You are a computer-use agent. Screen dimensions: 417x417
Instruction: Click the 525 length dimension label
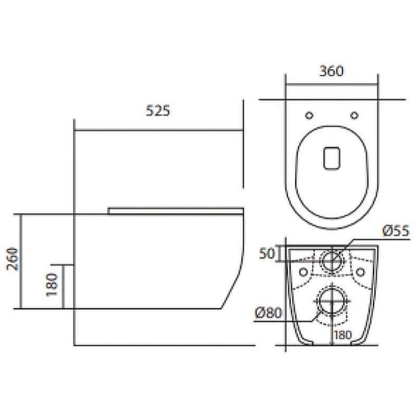click(158, 111)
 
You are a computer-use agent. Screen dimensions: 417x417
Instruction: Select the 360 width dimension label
click(332, 71)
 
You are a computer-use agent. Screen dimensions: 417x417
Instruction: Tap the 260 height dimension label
click(12, 259)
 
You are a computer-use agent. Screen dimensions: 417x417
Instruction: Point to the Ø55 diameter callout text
click(396, 230)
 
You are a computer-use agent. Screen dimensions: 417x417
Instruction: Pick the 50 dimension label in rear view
click(267, 253)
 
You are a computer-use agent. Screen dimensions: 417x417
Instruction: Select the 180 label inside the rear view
click(343, 335)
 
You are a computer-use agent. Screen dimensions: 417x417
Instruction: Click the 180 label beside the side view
click(52, 285)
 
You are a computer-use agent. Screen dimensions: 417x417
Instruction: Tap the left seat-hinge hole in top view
click(309, 115)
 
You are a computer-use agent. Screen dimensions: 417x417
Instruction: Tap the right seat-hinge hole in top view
click(354, 115)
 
